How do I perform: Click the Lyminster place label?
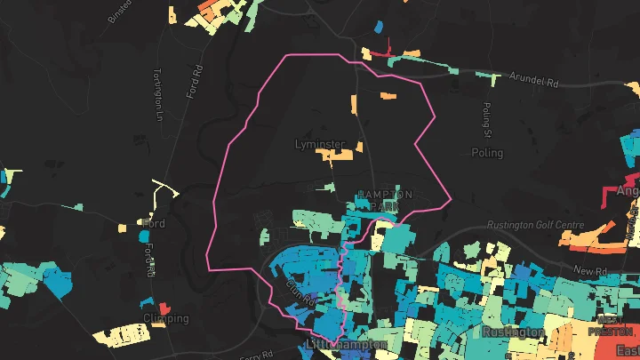click(x=319, y=143)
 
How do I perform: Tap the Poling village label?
click(x=487, y=153)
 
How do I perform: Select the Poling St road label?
click(x=487, y=120)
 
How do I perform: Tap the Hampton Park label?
click(x=384, y=200)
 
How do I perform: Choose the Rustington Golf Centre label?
click(x=536, y=225)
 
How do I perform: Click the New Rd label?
click(x=588, y=270)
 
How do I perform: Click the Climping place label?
click(x=165, y=318)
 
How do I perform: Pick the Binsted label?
click(x=119, y=12)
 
